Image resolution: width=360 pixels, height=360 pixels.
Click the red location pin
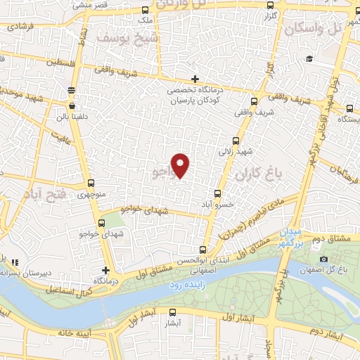[181, 165]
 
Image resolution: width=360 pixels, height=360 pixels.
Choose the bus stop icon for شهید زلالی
[236, 140]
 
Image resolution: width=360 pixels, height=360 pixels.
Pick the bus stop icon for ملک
[144, 10]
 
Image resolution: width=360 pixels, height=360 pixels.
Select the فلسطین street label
[60, 63]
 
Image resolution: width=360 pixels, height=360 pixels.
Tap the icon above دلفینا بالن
[71, 89]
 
